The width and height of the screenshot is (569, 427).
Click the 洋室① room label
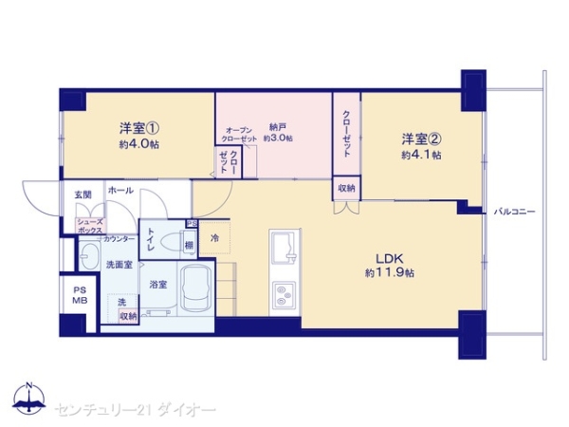click(138, 127)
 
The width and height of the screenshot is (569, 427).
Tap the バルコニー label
click(515, 211)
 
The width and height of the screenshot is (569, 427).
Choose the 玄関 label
click(83, 195)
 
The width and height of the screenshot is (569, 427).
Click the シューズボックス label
click(89, 226)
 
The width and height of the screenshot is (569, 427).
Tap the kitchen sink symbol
click(284, 251)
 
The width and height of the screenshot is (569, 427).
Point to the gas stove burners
click(284, 296)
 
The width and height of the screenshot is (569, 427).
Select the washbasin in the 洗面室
click(88, 256)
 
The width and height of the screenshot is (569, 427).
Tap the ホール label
click(120, 192)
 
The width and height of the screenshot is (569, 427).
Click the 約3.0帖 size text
click(278, 139)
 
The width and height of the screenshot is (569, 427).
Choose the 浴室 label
click(157, 284)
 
